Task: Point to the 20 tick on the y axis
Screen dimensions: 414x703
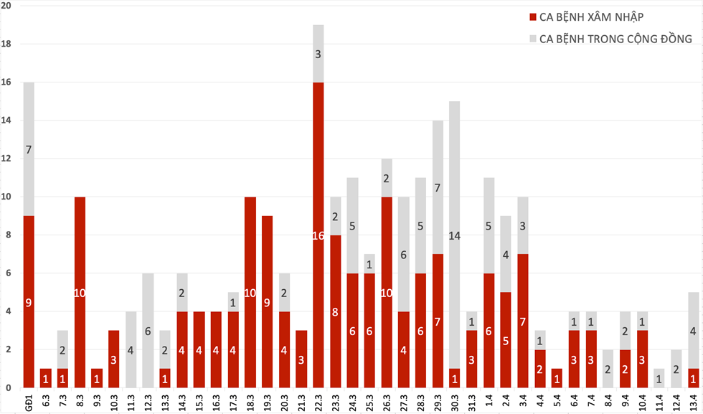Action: click(9, 6)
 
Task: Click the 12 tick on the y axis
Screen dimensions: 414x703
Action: click(9, 159)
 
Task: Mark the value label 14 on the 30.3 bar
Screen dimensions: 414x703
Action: click(455, 235)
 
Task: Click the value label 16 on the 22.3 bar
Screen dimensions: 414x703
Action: click(319, 235)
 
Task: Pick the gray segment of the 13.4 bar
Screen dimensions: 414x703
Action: click(694, 330)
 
